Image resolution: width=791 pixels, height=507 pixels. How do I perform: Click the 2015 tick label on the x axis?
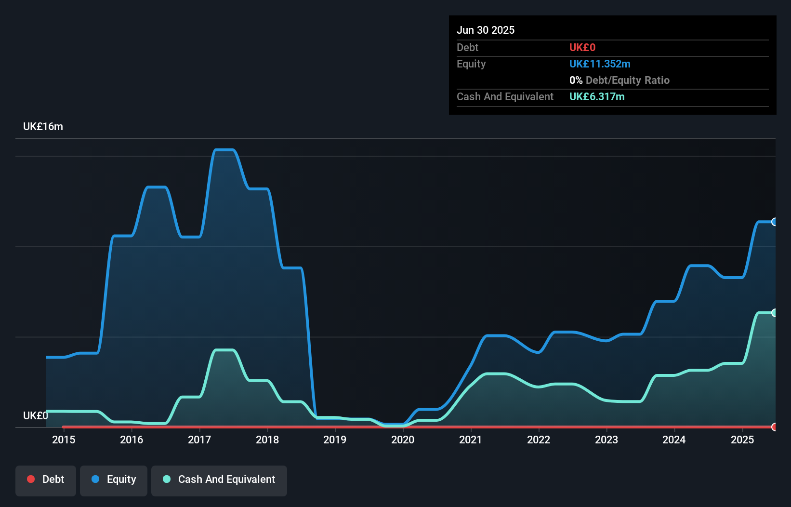coord(64,440)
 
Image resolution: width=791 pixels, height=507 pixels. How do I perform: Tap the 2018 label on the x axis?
coord(267,440)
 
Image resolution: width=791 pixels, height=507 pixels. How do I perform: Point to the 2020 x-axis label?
coord(403,440)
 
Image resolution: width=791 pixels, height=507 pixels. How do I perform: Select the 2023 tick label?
coord(606,440)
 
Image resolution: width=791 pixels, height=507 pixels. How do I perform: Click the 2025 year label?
coord(742,440)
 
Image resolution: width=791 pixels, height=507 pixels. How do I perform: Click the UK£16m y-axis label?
coord(43,126)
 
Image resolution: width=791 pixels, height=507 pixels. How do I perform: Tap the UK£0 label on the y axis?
coord(36,415)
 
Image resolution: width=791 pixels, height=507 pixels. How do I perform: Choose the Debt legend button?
coord(46,480)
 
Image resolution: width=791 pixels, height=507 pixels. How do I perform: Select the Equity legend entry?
coord(114,480)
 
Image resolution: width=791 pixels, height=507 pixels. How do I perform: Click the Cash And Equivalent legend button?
coord(219,480)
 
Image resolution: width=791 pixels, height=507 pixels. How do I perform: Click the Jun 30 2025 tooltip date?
coord(486,30)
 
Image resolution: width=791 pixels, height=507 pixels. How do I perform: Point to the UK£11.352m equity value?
coord(600,64)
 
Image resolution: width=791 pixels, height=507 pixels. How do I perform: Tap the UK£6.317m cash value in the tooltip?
coord(597,96)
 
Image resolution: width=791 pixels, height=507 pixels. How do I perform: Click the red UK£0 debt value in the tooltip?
coord(582,47)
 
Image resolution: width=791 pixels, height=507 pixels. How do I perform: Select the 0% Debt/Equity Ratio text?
coord(620,80)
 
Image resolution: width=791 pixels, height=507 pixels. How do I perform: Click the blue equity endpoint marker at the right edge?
coord(774,222)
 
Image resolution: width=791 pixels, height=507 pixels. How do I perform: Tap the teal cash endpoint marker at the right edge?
coord(774,313)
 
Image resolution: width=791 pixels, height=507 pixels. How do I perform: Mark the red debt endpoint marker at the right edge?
coord(774,427)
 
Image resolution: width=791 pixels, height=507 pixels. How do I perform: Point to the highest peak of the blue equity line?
coord(224,149)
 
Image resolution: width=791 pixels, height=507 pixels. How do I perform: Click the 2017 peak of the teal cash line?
coord(224,350)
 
